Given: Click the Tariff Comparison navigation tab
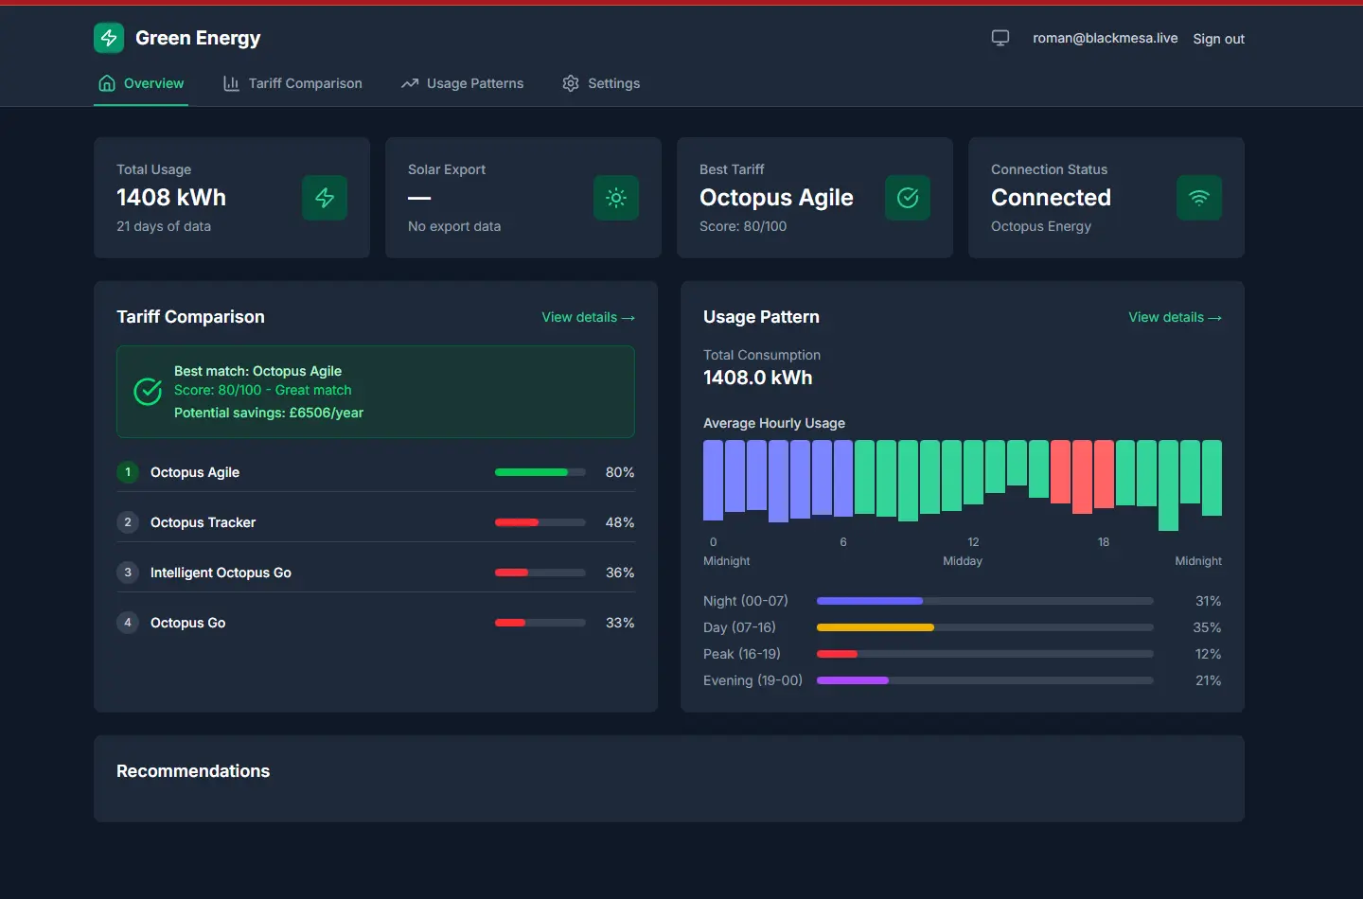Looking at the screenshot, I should [292, 83].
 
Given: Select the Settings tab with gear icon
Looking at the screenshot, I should [601, 83].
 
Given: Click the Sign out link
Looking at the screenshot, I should [1218, 39].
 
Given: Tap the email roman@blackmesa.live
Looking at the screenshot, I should [1105, 38].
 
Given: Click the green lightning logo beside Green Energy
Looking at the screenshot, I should [109, 38].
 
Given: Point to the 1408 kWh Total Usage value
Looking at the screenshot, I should [171, 197].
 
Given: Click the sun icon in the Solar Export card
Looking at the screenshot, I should [616, 198].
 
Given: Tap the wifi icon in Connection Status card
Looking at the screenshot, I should [1199, 198].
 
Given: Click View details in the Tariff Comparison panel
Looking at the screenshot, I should [588, 317].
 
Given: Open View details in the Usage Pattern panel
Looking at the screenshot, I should [1175, 317].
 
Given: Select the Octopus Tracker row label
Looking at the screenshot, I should [203, 522].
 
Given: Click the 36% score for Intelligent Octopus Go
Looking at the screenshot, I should [620, 573].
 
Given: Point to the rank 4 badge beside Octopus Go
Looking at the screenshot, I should [128, 623].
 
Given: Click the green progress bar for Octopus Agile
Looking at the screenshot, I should [532, 472].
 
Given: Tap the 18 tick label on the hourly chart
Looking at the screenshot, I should [1104, 542].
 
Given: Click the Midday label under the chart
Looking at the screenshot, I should [963, 561].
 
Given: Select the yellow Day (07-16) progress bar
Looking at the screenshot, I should [876, 627].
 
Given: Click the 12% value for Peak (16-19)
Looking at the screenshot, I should [1208, 654].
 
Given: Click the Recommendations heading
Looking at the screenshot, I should [193, 771].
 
